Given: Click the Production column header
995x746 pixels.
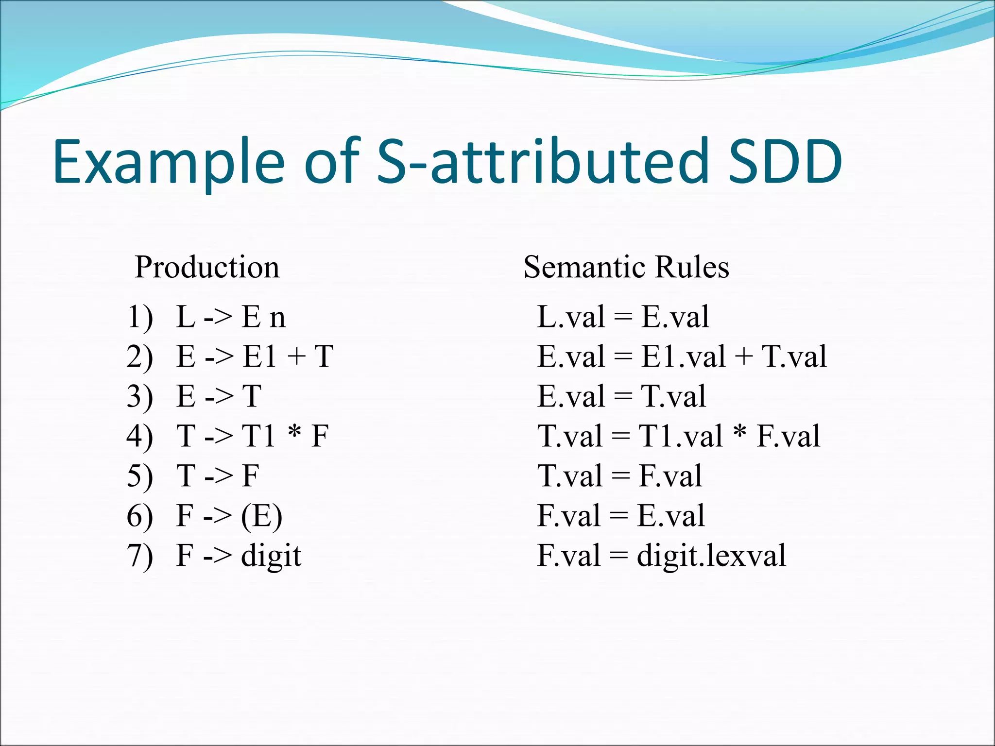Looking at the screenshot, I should pos(207,267).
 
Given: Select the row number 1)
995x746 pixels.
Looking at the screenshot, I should pos(140,317).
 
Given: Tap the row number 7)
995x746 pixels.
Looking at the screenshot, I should pos(140,556).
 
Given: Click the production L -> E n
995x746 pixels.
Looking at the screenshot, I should pos(231,317).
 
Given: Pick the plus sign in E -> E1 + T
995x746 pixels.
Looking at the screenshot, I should pos(296,357).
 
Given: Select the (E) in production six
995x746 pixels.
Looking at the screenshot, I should pos(261,516).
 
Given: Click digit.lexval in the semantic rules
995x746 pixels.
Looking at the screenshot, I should pos(711,556).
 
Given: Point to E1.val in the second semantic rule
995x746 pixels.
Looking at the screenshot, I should pos(683,357).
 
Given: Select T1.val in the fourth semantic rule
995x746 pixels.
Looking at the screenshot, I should pos(680,436).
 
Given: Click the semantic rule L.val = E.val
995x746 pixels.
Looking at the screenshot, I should pos(623,317).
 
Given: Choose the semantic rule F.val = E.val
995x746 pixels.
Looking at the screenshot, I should pos(620,516).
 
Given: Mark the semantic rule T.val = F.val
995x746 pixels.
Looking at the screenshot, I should pos(619,476).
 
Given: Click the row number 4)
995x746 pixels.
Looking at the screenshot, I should pos(140,436).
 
